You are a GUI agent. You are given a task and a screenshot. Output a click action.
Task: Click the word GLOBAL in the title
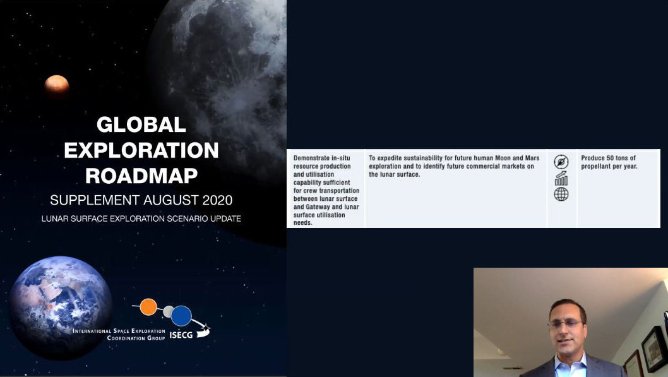tap(141, 125)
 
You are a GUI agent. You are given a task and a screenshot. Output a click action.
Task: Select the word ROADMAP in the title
tap(141, 176)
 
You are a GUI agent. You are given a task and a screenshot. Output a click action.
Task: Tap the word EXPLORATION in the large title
tap(141, 150)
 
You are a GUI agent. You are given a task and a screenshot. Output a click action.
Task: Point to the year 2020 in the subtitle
tap(217, 200)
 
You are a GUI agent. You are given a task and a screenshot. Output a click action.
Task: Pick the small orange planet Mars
tap(57, 86)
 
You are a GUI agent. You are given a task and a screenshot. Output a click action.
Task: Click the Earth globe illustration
tap(61, 307)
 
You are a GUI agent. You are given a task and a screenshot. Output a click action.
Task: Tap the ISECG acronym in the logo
tap(181, 335)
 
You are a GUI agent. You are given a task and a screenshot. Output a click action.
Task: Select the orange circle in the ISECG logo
tap(148, 307)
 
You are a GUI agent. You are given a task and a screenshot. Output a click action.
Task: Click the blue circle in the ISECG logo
tap(181, 316)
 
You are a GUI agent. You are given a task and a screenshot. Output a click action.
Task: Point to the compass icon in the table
tap(561, 162)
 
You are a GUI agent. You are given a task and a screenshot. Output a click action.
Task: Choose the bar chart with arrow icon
tap(561, 179)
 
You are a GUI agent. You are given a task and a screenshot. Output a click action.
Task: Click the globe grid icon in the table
tap(561, 194)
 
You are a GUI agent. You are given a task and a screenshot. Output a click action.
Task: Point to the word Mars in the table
tap(532, 158)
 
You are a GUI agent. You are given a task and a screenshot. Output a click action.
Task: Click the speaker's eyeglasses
tap(565, 324)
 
